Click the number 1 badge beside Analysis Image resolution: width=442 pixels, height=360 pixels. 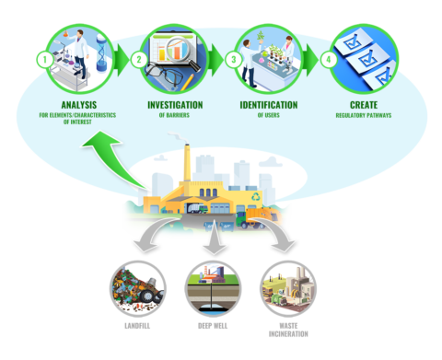(x=41, y=59)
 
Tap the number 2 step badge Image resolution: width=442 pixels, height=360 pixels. (x=139, y=59)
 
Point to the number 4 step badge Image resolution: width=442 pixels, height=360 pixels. (x=331, y=59)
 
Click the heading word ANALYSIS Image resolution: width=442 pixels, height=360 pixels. (x=77, y=105)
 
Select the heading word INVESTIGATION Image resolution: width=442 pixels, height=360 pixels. (x=175, y=105)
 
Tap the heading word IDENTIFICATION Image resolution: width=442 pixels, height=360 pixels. (x=271, y=105)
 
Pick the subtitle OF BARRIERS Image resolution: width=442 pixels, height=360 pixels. (x=175, y=116)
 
